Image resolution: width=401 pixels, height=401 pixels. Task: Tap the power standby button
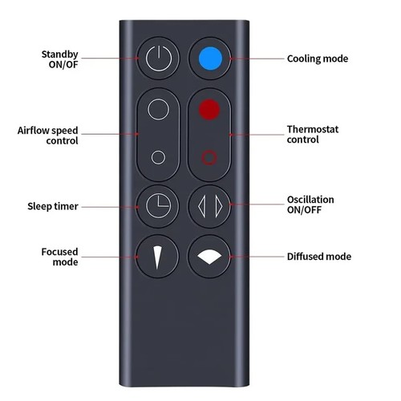(159, 59)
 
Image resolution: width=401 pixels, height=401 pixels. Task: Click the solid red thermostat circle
(209, 110)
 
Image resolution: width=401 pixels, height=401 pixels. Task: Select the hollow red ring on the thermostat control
(209, 158)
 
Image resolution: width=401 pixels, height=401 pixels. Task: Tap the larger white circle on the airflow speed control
(158, 109)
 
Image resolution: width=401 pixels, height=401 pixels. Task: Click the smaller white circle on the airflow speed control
(158, 157)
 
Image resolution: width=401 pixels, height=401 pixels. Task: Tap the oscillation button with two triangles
(209, 206)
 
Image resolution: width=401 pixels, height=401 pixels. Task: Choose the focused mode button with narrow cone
(157, 257)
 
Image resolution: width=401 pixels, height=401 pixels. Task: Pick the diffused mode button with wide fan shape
(209, 257)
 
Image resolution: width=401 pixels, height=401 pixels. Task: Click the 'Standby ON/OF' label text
(60, 59)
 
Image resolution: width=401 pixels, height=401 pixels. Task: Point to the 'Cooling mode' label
(318, 59)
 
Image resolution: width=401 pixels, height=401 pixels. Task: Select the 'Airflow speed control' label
(48, 136)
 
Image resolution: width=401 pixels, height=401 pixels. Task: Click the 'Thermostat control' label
(313, 135)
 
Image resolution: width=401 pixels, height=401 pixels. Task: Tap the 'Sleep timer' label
(53, 206)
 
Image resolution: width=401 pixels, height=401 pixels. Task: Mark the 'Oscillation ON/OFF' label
(310, 205)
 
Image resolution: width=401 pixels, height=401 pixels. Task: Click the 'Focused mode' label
(60, 257)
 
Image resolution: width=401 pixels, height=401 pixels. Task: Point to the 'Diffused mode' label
(319, 257)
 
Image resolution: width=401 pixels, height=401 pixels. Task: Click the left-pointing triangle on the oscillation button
(202, 206)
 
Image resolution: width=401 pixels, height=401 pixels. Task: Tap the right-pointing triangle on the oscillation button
(219, 206)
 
